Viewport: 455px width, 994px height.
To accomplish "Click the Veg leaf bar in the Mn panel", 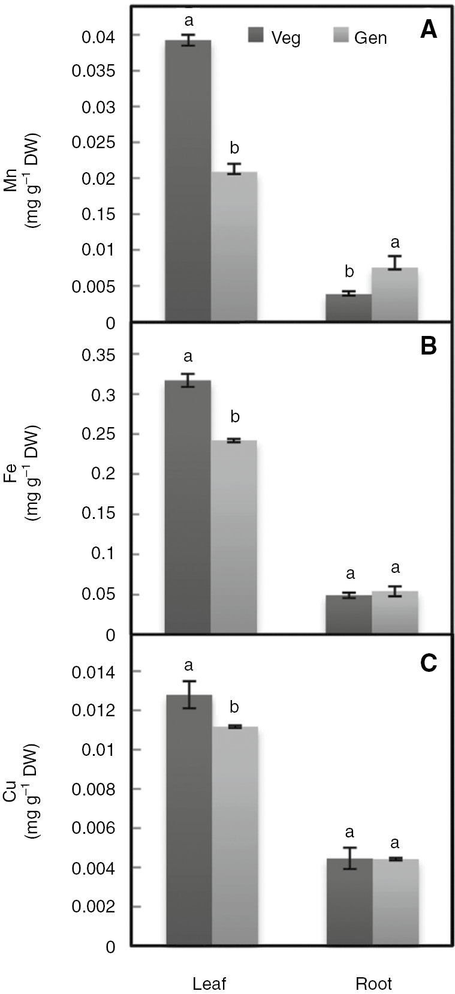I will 188,180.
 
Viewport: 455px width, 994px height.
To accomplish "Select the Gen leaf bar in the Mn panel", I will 234,246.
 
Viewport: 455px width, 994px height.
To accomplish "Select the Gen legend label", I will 370,38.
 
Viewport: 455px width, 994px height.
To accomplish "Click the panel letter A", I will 428,30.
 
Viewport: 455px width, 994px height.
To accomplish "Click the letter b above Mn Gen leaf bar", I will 234,148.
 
